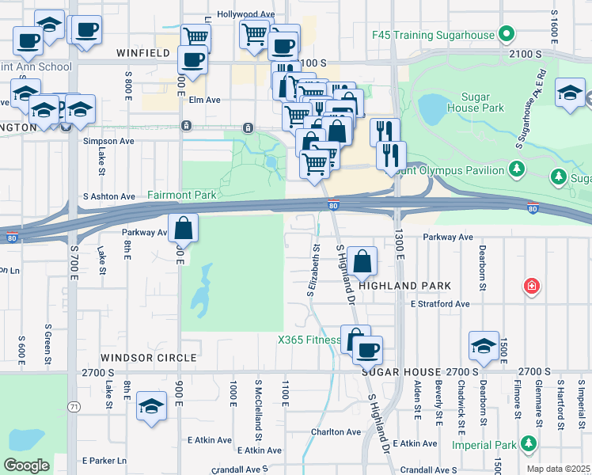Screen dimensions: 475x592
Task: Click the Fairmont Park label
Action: tap(181, 194)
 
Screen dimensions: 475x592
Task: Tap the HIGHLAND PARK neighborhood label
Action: tap(405, 286)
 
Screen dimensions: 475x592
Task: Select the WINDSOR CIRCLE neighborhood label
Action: tap(148, 358)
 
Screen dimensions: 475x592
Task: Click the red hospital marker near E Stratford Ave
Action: tap(533, 286)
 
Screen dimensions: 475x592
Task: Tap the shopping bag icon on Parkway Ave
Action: tap(183, 228)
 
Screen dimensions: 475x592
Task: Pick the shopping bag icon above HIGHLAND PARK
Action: tap(362, 260)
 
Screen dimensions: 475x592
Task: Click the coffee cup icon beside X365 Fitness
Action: tap(366, 349)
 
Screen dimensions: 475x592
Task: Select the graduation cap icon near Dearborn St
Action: tap(484, 346)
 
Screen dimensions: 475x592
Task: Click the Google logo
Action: tap(26, 465)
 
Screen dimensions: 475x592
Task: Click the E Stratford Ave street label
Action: tap(439, 304)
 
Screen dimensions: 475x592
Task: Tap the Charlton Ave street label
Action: tap(335, 432)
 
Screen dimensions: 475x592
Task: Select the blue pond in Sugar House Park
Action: tap(431, 109)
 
